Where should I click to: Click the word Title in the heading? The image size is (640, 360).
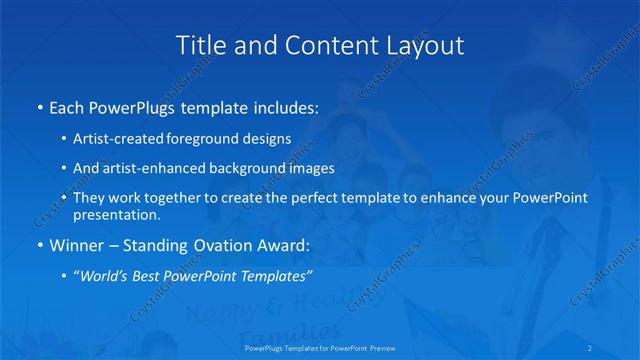pos(198,45)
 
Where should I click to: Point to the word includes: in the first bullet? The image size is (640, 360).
pos(283,107)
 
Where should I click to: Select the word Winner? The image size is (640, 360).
pos(76,244)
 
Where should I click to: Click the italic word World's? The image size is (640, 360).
pos(109,274)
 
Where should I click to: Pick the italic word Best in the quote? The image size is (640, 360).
pos(153,274)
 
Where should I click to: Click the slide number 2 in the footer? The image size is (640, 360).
pos(591,349)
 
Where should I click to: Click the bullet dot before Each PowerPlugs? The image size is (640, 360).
pos(39,107)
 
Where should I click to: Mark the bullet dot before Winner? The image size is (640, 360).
pos(39,244)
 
